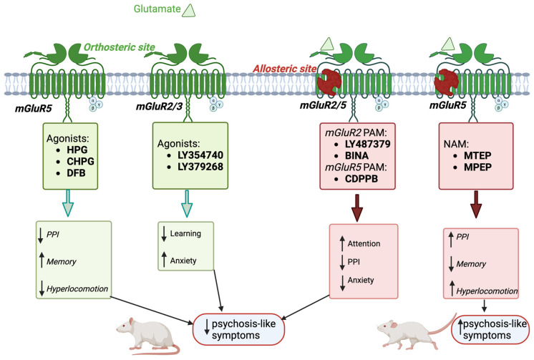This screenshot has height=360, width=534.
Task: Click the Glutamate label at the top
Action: pyautogui.click(x=157, y=9)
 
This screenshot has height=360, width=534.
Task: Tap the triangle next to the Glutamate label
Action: pyautogui.click(x=189, y=11)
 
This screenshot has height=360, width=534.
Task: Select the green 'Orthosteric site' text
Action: pyautogui.click(x=120, y=47)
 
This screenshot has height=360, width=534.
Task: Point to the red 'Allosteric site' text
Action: pyautogui.click(x=285, y=69)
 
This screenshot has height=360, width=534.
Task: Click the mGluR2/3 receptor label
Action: pyautogui.click(x=160, y=106)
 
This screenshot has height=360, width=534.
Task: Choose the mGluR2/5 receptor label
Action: pyautogui.click(x=323, y=105)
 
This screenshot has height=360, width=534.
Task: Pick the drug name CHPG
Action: pyautogui.click(x=80, y=161)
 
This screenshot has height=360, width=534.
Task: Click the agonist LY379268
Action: pyautogui.click(x=200, y=167)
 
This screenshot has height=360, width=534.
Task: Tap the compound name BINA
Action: pyautogui.click(x=356, y=155)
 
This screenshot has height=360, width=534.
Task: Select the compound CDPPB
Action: pyautogui.click(x=361, y=178)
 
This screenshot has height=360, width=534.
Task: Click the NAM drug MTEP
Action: pyautogui.click(x=477, y=155)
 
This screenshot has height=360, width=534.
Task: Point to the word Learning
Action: pyautogui.click(x=185, y=233)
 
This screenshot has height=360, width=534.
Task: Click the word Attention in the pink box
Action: pyautogui.click(x=364, y=243)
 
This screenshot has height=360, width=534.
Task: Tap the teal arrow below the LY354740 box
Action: pyautogui.click(x=187, y=204)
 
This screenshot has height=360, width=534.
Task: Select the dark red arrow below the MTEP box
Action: pyautogui.click(x=476, y=205)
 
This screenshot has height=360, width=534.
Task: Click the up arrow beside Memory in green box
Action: pyautogui.click(x=42, y=260)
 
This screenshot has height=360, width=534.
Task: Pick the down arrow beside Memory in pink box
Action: pyautogui.click(x=451, y=264)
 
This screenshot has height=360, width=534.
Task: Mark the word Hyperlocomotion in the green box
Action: pyautogui.click(x=77, y=289)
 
